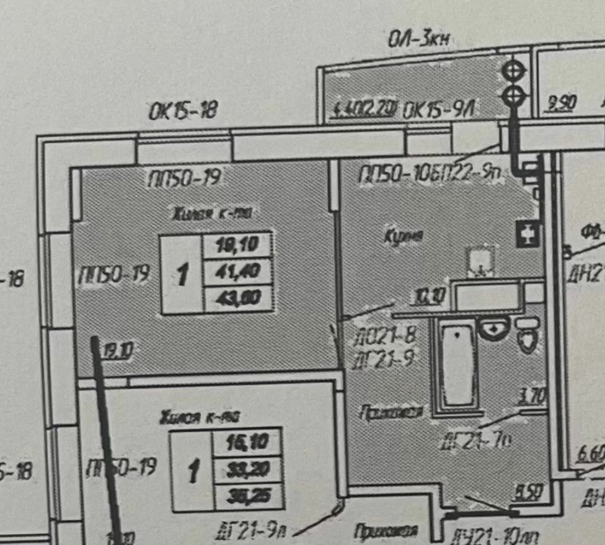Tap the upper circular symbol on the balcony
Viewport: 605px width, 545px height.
[513, 70]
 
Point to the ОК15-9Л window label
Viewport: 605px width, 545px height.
[438, 111]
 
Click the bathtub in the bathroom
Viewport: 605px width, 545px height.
[457, 365]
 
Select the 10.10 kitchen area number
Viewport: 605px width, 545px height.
[428, 298]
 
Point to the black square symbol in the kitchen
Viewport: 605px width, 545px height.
[528, 234]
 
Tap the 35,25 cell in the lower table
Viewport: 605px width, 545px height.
[247, 496]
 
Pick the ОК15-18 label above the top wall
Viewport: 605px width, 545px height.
[183, 112]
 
